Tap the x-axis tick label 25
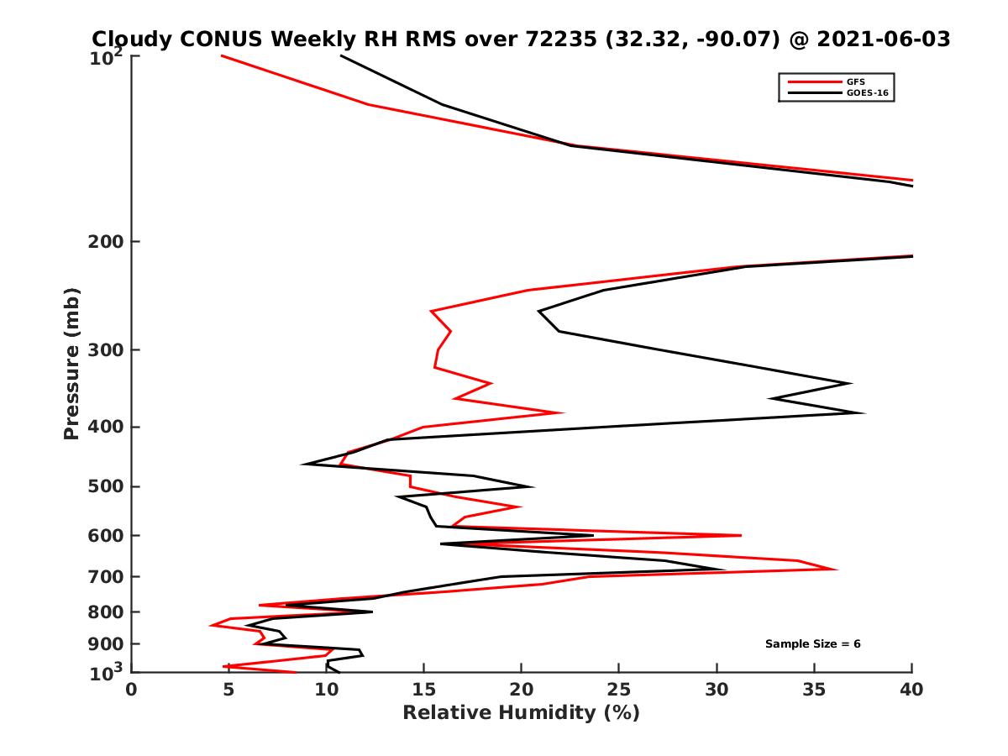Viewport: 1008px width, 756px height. tap(619, 689)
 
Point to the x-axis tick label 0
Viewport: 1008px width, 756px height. tap(132, 689)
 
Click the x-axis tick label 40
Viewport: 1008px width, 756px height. tap(911, 689)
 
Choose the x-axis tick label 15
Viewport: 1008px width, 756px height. tap(423, 689)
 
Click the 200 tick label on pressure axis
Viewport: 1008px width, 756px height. tap(108, 242)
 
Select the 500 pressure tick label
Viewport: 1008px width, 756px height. tap(108, 486)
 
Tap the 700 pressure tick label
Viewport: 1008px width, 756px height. tap(108, 576)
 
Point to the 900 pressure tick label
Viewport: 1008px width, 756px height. tap(108, 644)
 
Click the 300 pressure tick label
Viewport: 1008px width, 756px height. tap(108, 349)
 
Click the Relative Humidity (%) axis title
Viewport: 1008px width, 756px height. tap(521, 713)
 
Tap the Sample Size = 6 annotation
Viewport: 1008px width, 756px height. tap(812, 644)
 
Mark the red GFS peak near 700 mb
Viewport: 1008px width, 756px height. tap(836, 570)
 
